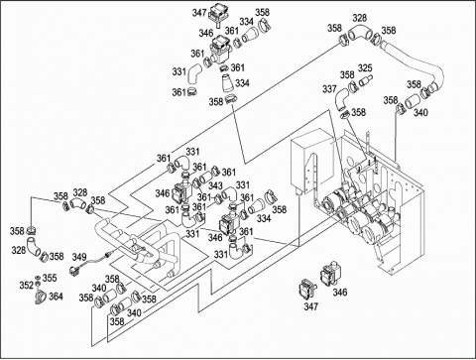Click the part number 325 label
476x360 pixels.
(365, 68)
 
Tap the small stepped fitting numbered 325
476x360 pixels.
(366, 79)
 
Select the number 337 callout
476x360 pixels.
(329, 89)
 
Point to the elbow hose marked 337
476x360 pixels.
(341, 99)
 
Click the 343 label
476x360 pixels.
(215, 185)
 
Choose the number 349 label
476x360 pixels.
(79, 257)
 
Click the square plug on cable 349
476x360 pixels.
(73, 271)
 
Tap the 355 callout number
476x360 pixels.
(50, 278)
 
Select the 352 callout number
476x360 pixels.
(27, 285)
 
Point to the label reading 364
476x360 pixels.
(56, 297)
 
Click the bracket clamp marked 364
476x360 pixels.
(40, 297)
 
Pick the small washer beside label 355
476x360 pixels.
(38, 277)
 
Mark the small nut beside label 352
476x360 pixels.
(38, 284)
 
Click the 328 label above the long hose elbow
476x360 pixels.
(359, 18)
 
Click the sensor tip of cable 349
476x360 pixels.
(110, 255)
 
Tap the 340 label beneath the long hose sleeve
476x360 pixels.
(420, 113)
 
